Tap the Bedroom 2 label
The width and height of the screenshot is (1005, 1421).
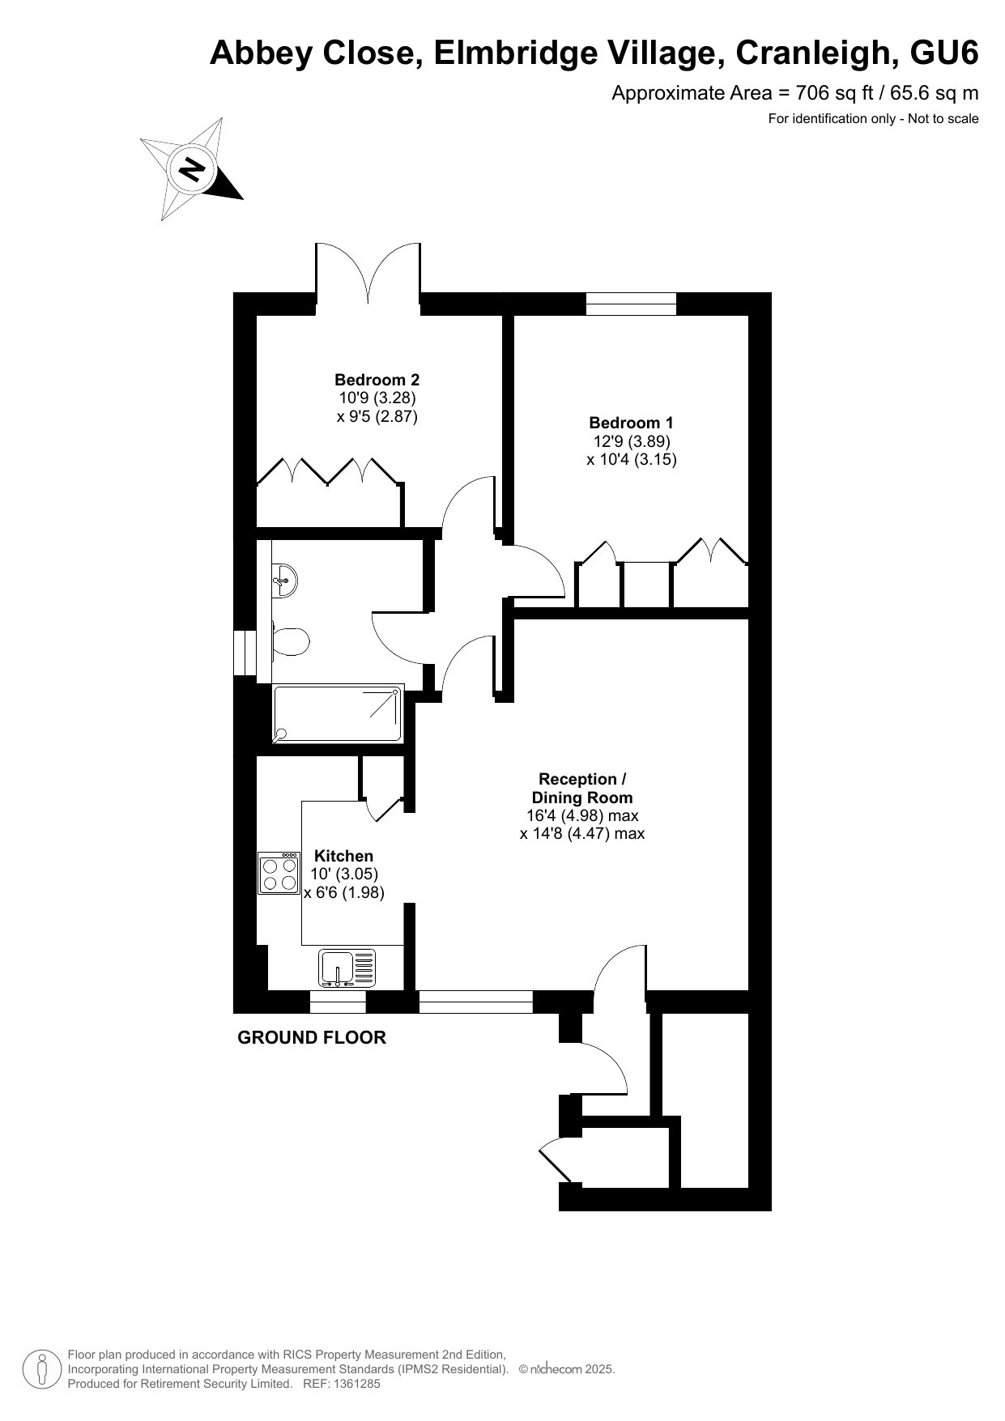click(x=377, y=379)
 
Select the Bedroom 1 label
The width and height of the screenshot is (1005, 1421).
click(x=631, y=422)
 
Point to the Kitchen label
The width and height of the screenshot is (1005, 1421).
click(x=343, y=856)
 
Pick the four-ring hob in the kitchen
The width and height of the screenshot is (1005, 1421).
click(x=279, y=874)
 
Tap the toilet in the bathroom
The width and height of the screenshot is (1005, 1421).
click(x=289, y=642)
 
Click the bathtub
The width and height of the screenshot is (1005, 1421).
click(x=338, y=714)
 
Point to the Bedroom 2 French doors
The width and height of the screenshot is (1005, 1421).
click(x=368, y=273)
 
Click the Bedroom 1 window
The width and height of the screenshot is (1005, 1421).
click(x=631, y=304)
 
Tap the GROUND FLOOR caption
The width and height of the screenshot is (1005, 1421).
click(x=312, y=1037)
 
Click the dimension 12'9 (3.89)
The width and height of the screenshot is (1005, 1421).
click(x=632, y=441)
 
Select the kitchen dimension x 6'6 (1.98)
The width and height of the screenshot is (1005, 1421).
click(x=343, y=892)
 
